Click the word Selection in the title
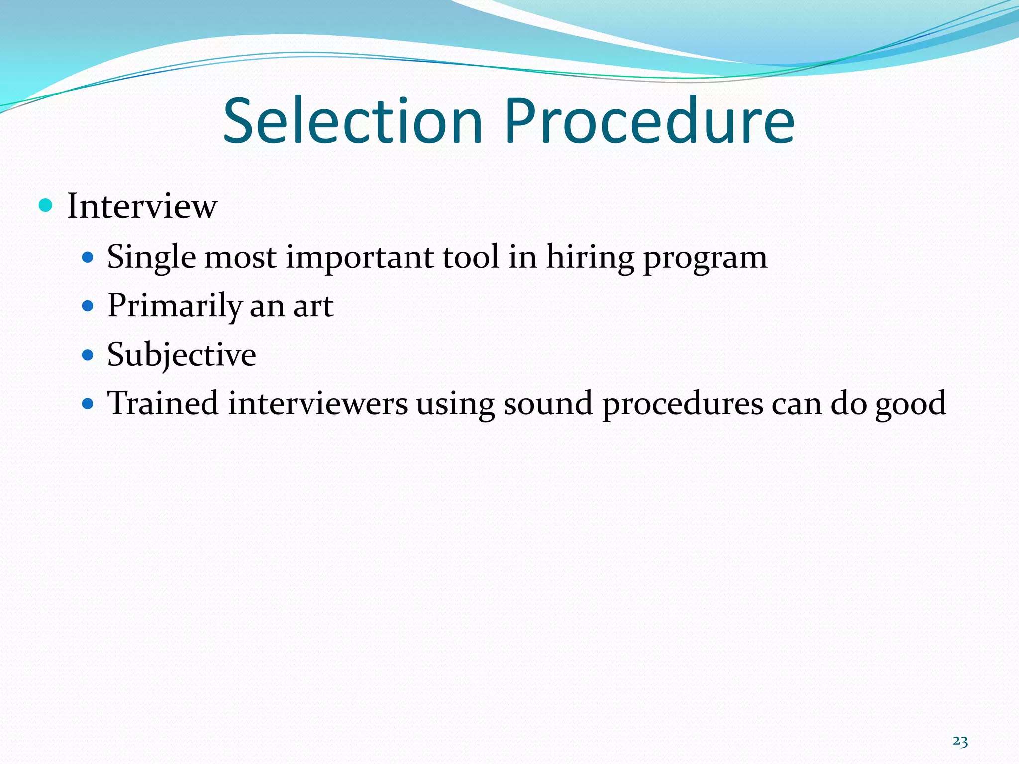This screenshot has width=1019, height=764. (353, 121)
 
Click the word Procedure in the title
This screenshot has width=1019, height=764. (649, 121)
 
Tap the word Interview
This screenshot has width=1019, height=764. (142, 206)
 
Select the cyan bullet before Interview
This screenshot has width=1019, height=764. (45, 205)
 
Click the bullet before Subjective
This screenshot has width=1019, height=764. (88, 355)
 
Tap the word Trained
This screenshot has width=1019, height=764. (163, 403)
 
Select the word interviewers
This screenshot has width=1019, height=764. (318, 403)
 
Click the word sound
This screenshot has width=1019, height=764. (548, 403)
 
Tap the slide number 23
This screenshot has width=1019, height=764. (960, 742)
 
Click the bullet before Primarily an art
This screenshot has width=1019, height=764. (88, 306)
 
